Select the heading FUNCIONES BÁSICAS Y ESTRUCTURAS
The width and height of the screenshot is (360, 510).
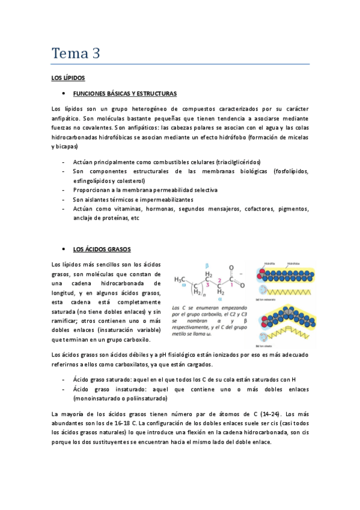pos(124,94)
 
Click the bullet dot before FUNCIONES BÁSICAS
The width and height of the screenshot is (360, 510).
pos(63,94)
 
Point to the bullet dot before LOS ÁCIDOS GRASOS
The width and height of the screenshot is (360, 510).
pos(63,249)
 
